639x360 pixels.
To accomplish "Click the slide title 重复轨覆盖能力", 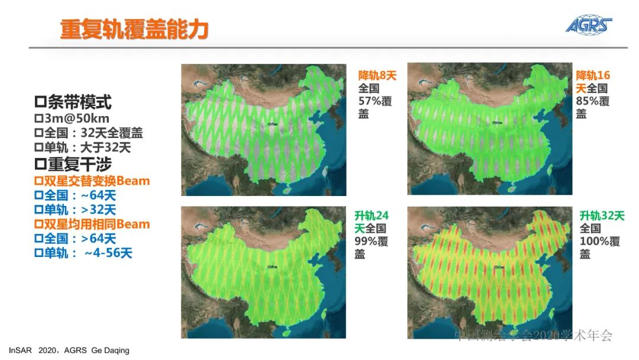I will pos(134,29).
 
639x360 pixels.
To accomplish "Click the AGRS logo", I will pos(588,25).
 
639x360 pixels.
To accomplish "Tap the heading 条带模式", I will pos(73,102).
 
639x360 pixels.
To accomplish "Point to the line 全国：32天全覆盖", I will pos(89,133).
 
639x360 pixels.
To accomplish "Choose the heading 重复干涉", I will pos(73,164).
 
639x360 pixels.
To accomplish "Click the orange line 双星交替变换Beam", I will pos(92,180).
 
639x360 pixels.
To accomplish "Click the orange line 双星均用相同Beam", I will pos(92,224).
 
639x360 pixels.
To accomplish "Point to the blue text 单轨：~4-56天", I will pos(83,253).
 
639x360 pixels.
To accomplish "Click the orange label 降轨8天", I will pos(377,76).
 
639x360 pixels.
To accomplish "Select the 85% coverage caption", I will pos(592,101).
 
